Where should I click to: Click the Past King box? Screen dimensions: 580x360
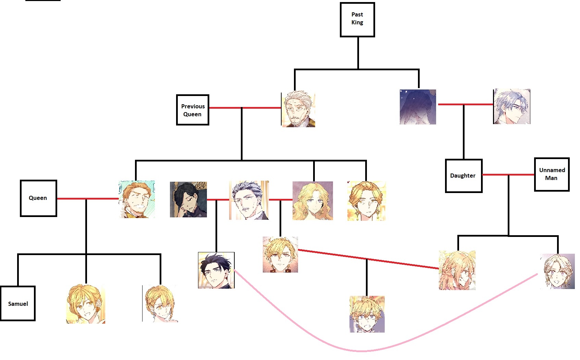click(x=357, y=20)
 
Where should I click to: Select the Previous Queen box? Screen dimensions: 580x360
click(x=193, y=110)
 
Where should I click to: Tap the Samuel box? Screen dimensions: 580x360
click(x=17, y=303)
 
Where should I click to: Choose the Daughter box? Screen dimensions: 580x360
click(x=464, y=176)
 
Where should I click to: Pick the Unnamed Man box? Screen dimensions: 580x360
click(x=552, y=174)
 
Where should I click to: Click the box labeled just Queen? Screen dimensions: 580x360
click(x=38, y=198)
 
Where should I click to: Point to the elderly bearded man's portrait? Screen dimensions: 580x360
click(x=298, y=109)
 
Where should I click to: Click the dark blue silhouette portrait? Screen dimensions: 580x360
click(x=418, y=107)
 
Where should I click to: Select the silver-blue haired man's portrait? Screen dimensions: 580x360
click(x=511, y=106)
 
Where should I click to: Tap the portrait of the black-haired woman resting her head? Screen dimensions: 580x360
click(x=188, y=199)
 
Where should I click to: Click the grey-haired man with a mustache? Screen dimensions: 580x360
click(x=249, y=200)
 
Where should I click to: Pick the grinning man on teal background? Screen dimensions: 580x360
click(x=137, y=199)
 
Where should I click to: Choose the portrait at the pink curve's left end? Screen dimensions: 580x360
click(x=216, y=270)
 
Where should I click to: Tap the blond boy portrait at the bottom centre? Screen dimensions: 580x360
click(x=367, y=314)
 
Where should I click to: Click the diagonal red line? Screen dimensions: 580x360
click(x=369, y=259)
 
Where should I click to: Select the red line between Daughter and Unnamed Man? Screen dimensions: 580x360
click(x=508, y=175)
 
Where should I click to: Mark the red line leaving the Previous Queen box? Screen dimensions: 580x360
click(x=245, y=108)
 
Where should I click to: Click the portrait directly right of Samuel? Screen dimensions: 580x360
click(x=85, y=304)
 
